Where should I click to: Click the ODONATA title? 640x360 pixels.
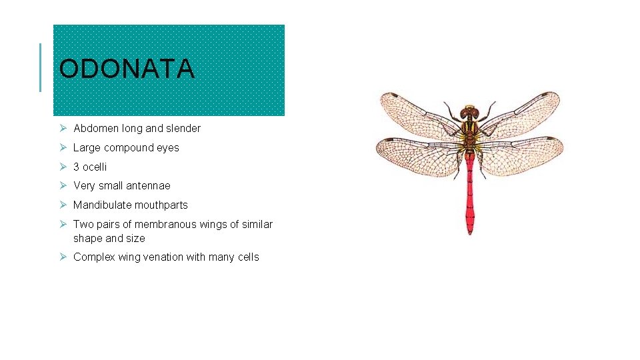[x=127, y=69]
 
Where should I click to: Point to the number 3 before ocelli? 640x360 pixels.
[x=77, y=167]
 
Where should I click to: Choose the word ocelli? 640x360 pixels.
[x=95, y=167]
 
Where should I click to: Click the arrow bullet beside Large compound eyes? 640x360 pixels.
[x=61, y=147]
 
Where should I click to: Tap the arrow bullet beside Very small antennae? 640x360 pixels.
[x=61, y=185]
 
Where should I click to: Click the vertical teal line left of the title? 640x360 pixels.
[x=40, y=67]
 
